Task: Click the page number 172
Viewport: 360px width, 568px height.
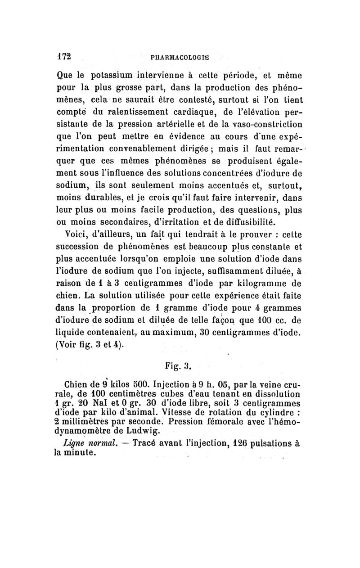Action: [63, 57]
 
